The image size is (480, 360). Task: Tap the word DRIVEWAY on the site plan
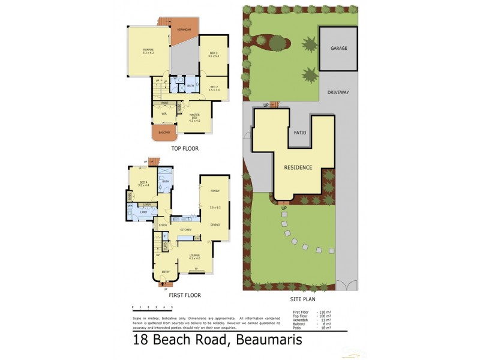pyautogui.click(x=338, y=92)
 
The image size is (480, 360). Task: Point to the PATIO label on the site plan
pyautogui.click(x=300, y=133)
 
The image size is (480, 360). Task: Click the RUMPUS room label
pyautogui.click(x=148, y=51)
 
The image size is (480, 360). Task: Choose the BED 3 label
pyautogui.click(x=214, y=53)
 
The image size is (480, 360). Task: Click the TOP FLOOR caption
pyautogui.click(x=184, y=148)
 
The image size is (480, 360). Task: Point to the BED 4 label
pyautogui.click(x=143, y=184)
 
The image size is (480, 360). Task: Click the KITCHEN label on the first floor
pyautogui.click(x=185, y=230)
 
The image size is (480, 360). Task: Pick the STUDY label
pyautogui.click(x=163, y=225)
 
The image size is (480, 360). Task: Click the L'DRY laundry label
pyautogui.click(x=144, y=213)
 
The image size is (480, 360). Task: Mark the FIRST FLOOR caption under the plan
pyautogui.click(x=184, y=295)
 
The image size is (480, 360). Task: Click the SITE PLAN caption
pyautogui.click(x=302, y=299)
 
